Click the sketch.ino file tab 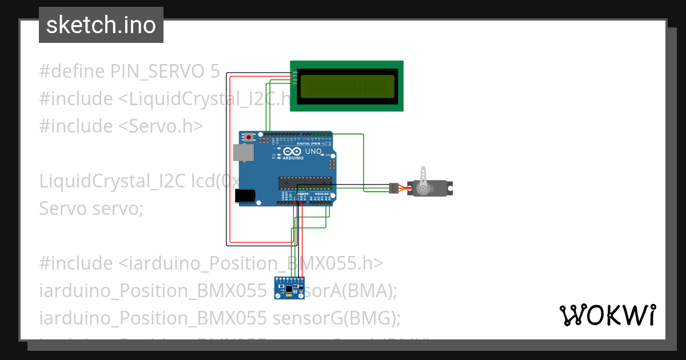click(x=101, y=25)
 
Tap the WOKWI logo click(x=607, y=315)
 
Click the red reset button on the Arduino click(x=249, y=138)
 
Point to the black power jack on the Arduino click(x=245, y=195)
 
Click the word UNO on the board click(x=313, y=151)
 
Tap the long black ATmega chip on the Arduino click(x=305, y=182)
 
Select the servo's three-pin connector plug click(x=393, y=187)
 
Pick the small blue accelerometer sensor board click(x=289, y=287)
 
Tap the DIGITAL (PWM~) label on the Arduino click(x=317, y=144)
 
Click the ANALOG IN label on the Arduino click(x=322, y=194)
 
